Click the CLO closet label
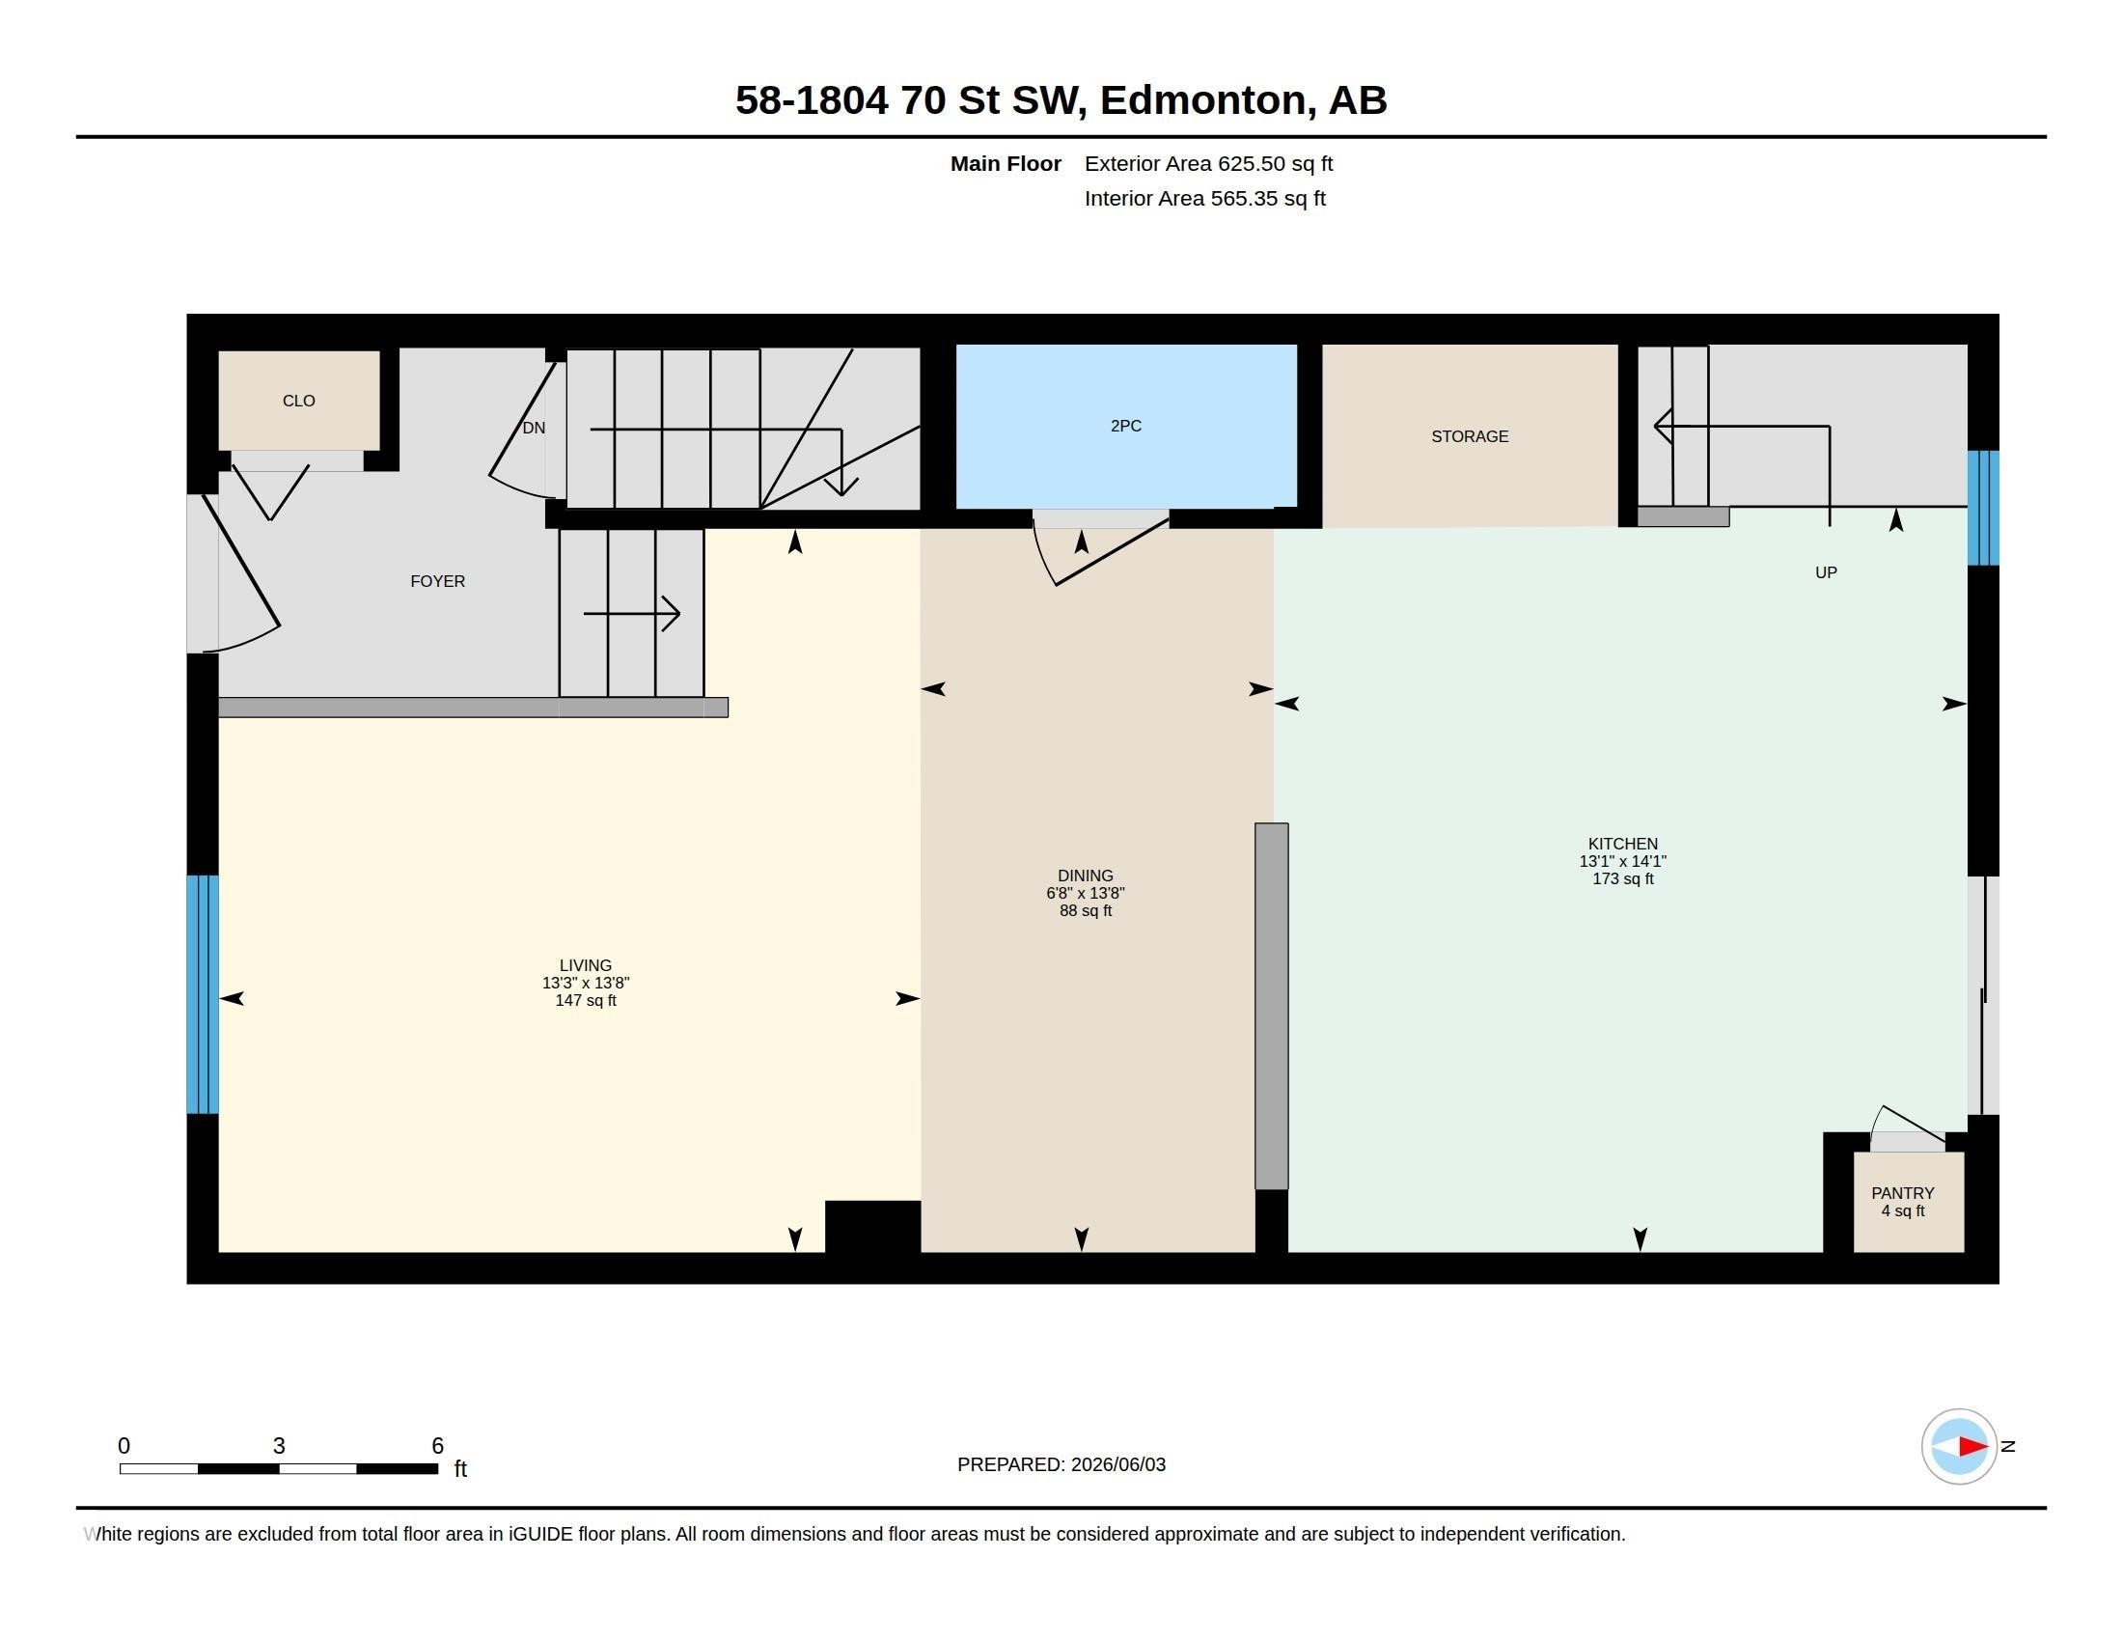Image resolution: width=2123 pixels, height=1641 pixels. (298, 401)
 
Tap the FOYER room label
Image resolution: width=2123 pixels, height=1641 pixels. (437, 581)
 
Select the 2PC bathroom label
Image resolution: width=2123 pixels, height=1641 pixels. (1125, 426)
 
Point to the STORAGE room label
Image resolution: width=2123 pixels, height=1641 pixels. (1470, 436)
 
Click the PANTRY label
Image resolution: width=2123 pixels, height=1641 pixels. (1902, 1193)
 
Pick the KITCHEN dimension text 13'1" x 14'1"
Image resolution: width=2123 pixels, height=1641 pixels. (1622, 861)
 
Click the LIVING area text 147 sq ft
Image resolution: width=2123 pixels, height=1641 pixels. (585, 1000)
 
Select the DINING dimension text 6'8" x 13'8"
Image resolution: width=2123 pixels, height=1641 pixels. (1085, 894)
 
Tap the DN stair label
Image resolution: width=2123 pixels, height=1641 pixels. (534, 428)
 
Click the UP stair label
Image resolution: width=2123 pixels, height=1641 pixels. (1826, 572)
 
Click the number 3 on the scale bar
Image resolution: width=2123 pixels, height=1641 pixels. (279, 1446)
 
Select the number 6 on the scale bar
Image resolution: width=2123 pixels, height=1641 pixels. (437, 1446)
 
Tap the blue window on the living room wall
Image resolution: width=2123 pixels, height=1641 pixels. (203, 993)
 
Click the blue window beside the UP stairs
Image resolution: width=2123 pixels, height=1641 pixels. (1983, 508)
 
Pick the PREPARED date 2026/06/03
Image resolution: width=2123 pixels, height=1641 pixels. (1117, 1464)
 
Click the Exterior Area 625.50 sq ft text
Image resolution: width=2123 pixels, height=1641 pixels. (1208, 164)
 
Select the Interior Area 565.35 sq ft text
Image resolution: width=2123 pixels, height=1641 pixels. (1204, 198)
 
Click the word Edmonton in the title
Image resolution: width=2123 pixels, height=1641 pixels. (1202, 100)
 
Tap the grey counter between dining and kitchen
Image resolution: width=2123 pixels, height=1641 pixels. (1272, 1006)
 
